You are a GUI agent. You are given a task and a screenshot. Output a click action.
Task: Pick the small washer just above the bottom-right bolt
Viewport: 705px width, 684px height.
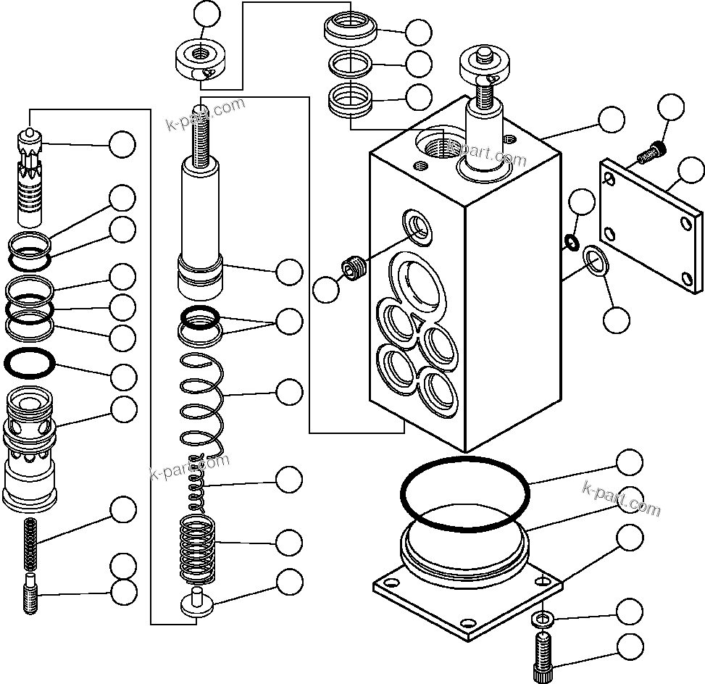tap(541, 619)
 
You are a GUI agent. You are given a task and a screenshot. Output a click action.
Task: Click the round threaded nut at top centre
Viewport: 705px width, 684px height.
tap(201, 60)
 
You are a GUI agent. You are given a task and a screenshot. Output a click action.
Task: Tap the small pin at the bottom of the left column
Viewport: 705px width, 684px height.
tap(30, 593)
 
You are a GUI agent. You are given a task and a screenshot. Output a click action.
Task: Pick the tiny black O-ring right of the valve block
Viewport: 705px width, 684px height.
tap(571, 241)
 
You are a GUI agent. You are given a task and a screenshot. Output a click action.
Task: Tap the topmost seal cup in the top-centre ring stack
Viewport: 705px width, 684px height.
tap(350, 30)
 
